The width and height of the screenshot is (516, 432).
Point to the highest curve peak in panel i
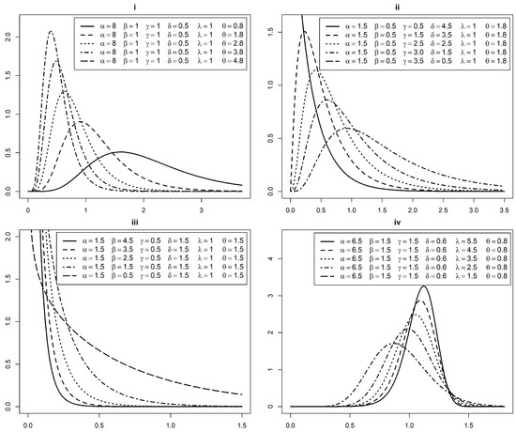point(50,31)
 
